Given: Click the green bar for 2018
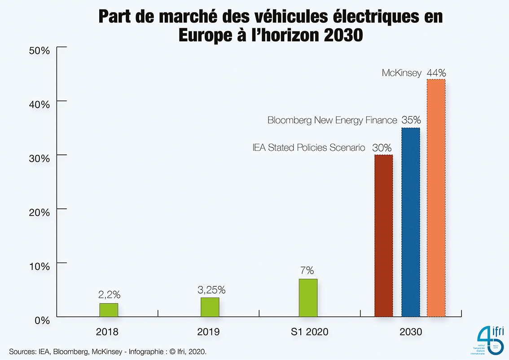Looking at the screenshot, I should pyautogui.click(x=109, y=310).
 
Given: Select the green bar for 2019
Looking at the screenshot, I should pyautogui.click(x=210, y=307).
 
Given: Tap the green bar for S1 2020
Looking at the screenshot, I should pyautogui.click(x=308, y=298).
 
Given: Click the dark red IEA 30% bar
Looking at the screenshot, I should pyautogui.click(x=383, y=236).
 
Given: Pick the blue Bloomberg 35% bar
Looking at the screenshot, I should pyautogui.click(x=410, y=222).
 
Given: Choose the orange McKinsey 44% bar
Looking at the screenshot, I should pyautogui.click(x=436, y=198).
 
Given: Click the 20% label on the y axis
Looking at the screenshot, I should pyautogui.click(x=39, y=212).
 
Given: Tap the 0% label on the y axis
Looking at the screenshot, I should pyautogui.click(x=42, y=320).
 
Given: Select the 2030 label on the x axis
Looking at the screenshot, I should pyautogui.click(x=410, y=332).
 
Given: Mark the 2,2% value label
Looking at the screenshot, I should pyautogui.click(x=109, y=295).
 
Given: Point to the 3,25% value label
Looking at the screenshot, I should pyautogui.click(x=211, y=290).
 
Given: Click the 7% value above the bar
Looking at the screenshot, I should pyautogui.click(x=307, y=270).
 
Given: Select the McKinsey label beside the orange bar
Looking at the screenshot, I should pyautogui.click(x=401, y=73).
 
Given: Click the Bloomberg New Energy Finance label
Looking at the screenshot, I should pyautogui.click(x=332, y=120).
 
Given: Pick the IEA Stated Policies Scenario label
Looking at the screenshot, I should pyautogui.click(x=309, y=147).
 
